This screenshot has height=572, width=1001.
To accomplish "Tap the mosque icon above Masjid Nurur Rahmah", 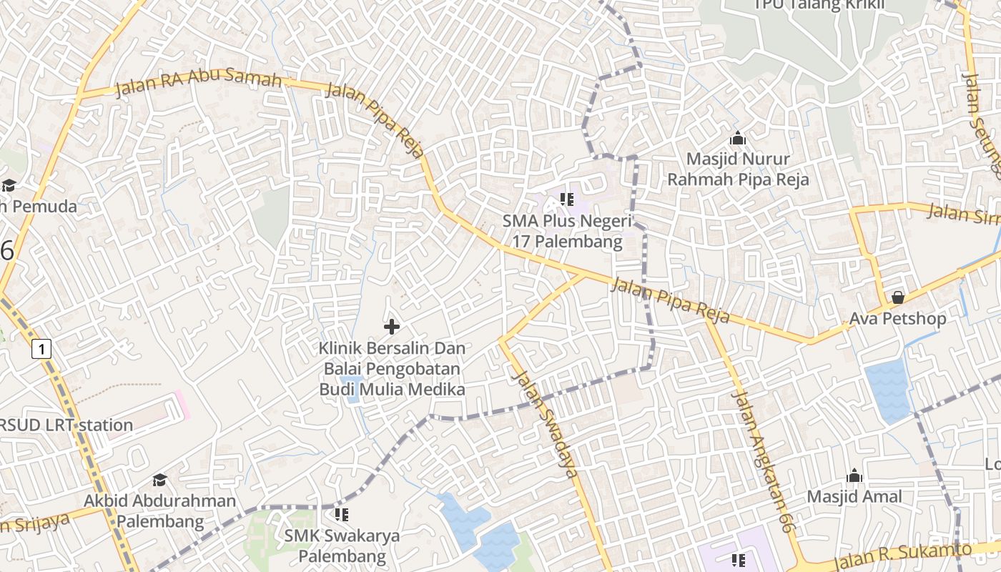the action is (x=738, y=139).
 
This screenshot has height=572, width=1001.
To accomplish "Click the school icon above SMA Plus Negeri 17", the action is (x=567, y=199).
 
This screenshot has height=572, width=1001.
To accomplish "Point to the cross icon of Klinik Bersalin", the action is (x=392, y=327).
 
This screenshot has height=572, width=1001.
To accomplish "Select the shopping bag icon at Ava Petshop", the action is (x=898, y=297).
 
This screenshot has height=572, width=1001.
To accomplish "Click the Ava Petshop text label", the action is (x=898, y=318).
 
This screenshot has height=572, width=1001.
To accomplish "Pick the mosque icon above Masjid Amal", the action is (x=854, y=476).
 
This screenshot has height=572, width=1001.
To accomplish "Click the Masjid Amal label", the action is (x=854, y=496).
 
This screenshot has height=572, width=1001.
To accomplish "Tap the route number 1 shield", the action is (x=42, y=349).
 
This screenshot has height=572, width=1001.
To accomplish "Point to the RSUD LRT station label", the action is (x=66, y=425).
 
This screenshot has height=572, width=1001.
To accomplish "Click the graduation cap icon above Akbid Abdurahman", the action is (x=159, y=480).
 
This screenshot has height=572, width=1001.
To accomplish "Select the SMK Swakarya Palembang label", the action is (x=342, y=546).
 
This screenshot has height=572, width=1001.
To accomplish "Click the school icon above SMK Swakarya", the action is (x=342, y=514).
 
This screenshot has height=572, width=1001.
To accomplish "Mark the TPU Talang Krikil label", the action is (x=819, y=5).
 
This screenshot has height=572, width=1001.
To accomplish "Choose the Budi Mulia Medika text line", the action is (x=392, y=390).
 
